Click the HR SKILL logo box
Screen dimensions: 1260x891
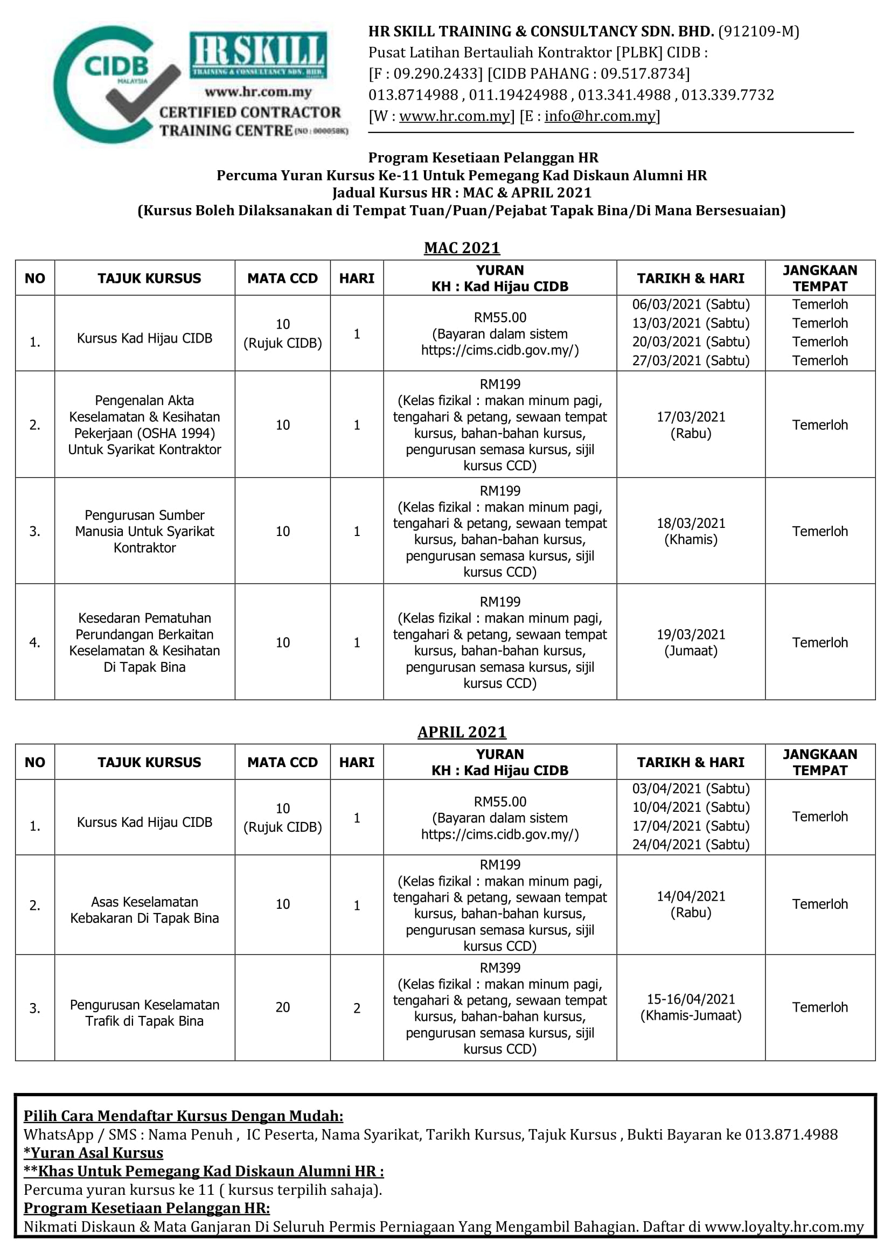pos(259,54)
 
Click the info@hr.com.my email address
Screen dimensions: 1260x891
pos(600,116)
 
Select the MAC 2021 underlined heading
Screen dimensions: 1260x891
pos(462,248)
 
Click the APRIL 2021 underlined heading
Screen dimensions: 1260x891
pos(462,732)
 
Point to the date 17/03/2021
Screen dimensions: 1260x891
pos(691,417)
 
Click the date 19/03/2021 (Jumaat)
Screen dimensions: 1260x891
pos(691,643)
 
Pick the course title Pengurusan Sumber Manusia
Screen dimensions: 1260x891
pos(145,531)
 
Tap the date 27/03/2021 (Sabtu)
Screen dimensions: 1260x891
pos(691,360)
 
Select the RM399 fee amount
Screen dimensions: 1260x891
pos(500,968)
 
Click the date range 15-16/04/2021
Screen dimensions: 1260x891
pos(691,999)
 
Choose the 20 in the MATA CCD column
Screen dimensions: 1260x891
pos(283,1007)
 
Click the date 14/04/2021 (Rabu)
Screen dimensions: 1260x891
pos(691,904)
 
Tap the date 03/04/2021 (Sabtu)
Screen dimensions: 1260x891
pos(691,789)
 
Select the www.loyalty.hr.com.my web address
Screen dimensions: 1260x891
pos(784,1227)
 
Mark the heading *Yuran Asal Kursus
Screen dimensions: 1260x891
pos(93,1153)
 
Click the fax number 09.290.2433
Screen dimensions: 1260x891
pos(437,74)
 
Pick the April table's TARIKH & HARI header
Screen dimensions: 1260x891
pos(691,762)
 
